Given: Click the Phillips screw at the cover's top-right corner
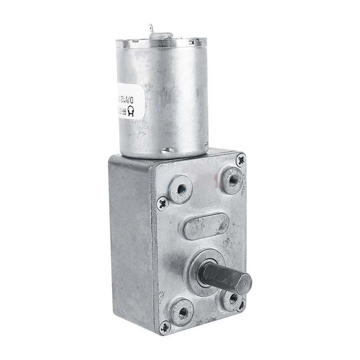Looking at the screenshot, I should click(241, 158).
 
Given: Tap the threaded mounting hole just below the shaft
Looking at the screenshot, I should click(233, 298).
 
